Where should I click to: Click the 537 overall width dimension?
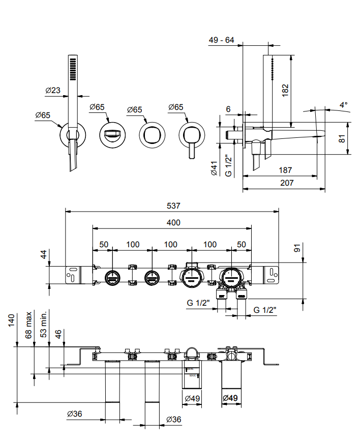(174, 206)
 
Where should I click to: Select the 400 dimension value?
(173, 222)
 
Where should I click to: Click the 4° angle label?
(344, 105)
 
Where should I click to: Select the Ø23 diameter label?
(53, 91)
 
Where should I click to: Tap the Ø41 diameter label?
(214, 168)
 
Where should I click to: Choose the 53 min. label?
(44, 324)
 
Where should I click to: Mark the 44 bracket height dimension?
(44, 255)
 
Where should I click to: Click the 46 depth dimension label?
(58, 334)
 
